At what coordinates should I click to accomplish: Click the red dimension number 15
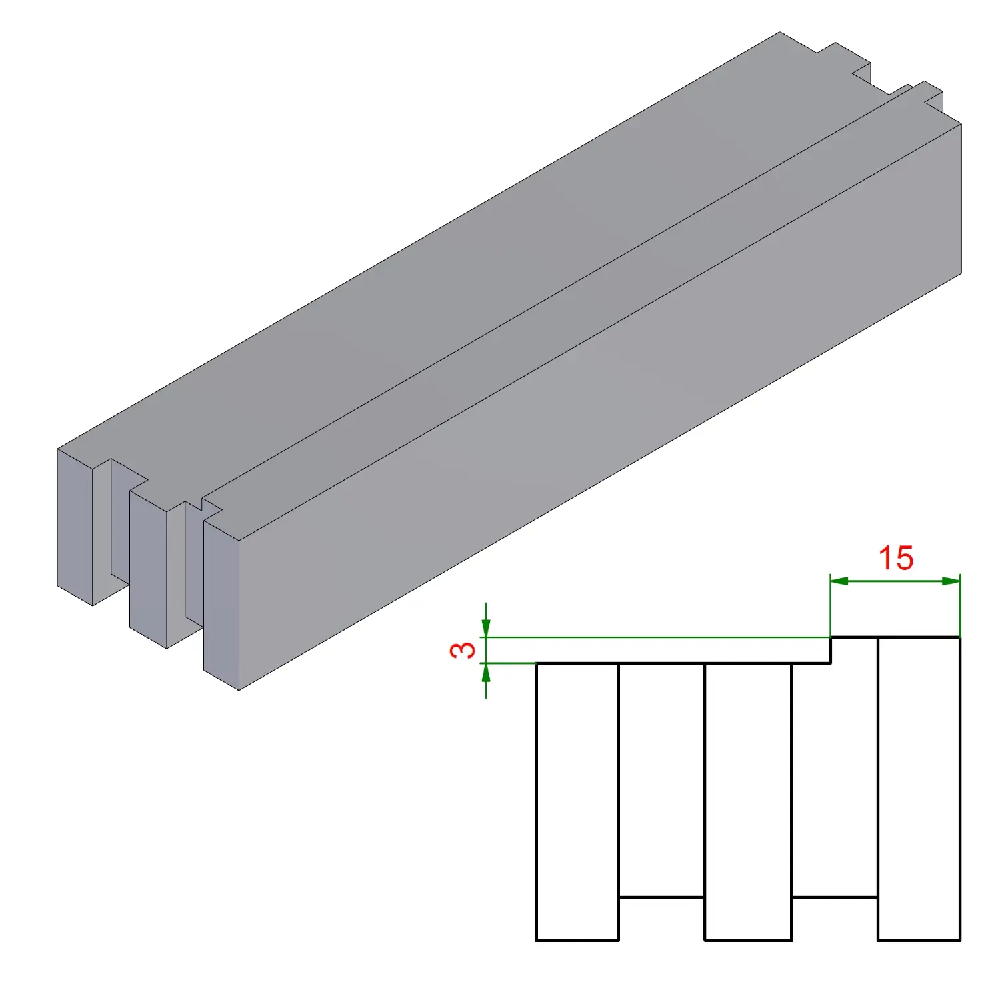(895, 558)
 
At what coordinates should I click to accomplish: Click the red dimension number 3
(463, 650)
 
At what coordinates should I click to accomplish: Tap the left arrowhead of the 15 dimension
(839, 581)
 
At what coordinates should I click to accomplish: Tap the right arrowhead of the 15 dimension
(951, 581)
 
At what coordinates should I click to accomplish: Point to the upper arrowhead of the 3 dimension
(486, 628)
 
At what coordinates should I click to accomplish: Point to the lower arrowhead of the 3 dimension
(486, 673)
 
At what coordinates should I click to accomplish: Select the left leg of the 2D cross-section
(577, 802)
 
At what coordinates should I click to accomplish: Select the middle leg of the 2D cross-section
(748, 802)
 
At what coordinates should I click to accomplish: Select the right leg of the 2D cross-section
(919, 789)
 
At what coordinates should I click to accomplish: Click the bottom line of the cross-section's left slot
(661, 897)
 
